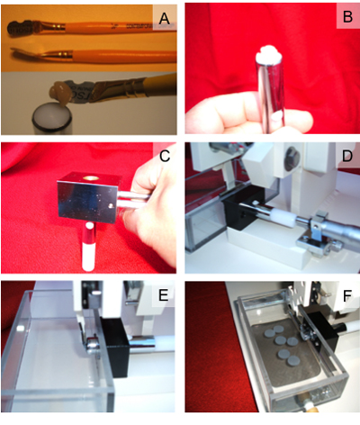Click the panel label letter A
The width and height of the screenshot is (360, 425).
pos(164,18)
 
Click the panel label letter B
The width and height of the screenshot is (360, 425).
pos(347,16)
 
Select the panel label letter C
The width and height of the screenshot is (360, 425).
pos(165,156)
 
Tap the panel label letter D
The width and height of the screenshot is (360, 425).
pos(347,156)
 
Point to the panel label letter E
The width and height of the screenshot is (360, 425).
pos(164,295)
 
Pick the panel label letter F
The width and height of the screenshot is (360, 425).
pos(347,296)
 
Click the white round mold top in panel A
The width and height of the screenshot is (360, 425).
pos(51,117)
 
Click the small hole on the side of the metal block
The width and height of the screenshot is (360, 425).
pos(111,206)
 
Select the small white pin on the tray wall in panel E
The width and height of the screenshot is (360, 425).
pos(21,329)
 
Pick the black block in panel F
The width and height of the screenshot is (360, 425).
pos(321,330)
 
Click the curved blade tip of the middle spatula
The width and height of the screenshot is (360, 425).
pos(15,50)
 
